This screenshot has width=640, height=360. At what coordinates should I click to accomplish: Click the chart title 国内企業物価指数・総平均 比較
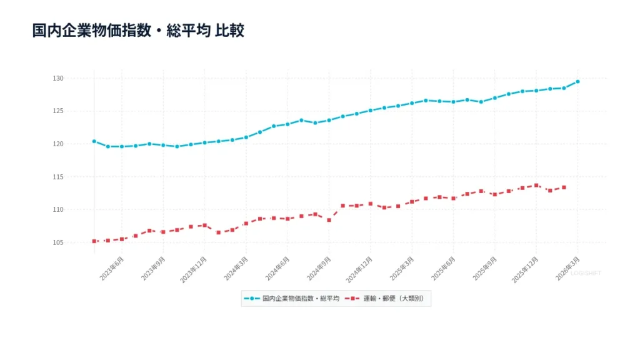click(138, 31)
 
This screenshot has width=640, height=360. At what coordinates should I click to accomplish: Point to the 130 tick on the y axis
click(76, 79)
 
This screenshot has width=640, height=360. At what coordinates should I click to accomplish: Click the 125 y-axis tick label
click(76, 111)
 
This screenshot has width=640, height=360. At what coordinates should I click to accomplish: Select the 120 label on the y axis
click(76, 144)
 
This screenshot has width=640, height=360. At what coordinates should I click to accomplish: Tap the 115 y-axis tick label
click(76, 177)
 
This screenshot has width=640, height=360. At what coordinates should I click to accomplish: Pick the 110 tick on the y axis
click(76, 209)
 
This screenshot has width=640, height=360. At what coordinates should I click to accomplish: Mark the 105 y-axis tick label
click(76, 242)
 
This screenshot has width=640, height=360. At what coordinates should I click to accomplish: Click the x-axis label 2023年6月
click(111, 269)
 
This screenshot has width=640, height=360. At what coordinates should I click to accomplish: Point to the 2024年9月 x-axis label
click(318, 269)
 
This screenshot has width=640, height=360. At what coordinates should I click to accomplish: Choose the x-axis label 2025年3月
click(401, 269)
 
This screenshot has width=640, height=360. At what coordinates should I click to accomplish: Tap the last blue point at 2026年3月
click(577, 82)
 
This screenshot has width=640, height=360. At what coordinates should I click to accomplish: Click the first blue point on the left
click(94, 141)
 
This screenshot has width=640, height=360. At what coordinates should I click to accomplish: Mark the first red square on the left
click(94, 241)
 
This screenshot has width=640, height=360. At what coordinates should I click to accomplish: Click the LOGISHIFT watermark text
click(586, 273)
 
